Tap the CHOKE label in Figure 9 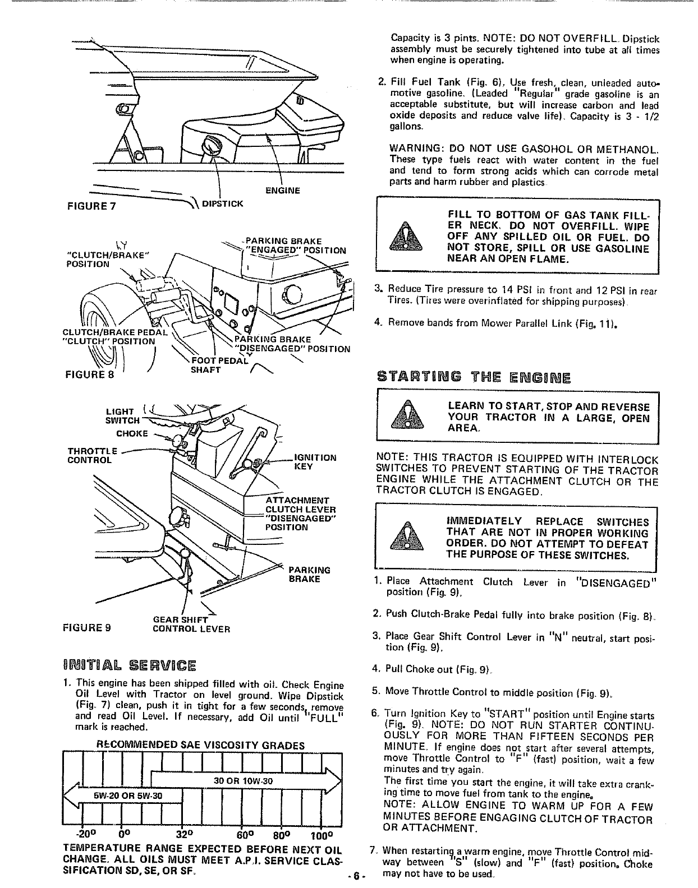point(132,433)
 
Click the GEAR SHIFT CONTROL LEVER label point(191,624)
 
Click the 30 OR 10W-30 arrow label point(244,781)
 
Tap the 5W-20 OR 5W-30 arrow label point(128,794)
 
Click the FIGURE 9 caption point(88,628)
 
